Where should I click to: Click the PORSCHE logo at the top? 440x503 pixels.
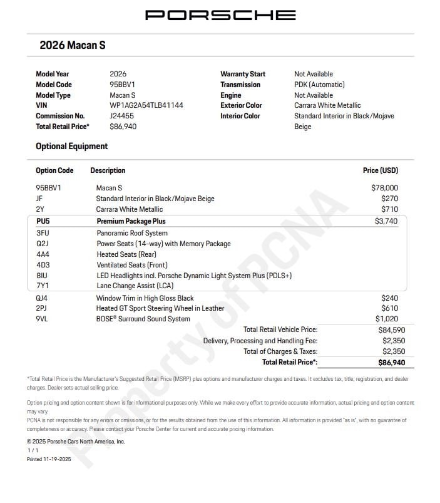(220, 15)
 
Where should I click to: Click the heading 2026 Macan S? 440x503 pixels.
(72, 45)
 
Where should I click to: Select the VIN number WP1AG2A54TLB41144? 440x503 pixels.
(146, 105)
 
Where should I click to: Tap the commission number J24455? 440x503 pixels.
(122, 116)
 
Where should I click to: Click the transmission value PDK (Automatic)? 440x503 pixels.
(319, 85)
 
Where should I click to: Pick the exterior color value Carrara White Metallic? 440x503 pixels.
(327, 105)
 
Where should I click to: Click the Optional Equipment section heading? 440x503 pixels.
(71, 146)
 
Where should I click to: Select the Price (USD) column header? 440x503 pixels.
(380, 170)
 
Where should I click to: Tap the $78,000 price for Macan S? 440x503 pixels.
(384, 187)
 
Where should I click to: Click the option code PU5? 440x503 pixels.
(43, 221)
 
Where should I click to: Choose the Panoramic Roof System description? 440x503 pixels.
(132, 233)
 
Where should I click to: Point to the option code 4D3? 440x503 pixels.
(43, 265)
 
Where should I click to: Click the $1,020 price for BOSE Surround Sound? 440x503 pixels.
(386, 319)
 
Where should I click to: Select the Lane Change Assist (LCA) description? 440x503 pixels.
(135, 286)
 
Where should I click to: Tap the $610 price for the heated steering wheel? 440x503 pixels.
(389, 308)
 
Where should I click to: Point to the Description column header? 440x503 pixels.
(108, 170)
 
